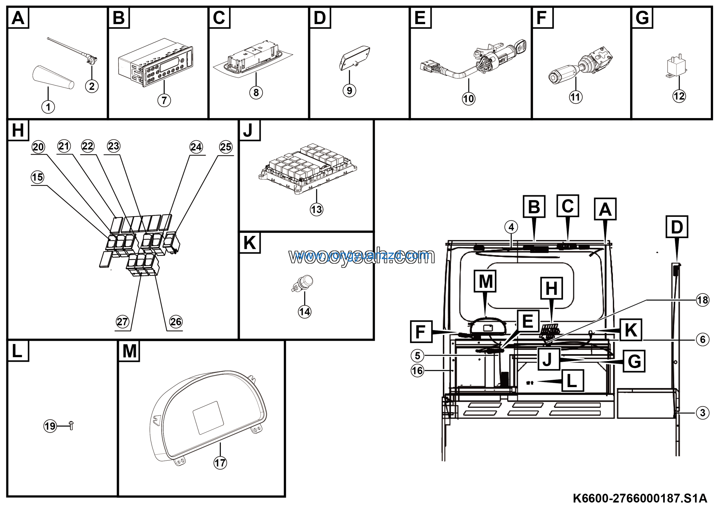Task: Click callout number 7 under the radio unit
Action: tap(164, 100)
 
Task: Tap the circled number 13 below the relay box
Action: tap(316, 209)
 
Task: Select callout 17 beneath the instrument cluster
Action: tap(220, 463)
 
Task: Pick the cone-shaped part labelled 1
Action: tap(53, 77)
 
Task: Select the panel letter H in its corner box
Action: tap(18, 130)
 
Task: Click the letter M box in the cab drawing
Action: tap(485, 281)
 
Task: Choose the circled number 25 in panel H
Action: tap(226, 147)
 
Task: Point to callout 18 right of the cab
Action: tap(703, 300)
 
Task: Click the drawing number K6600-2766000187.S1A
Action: tap(640, 498)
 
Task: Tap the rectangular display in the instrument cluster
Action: tap(208, 417)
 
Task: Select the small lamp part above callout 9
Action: tap(354, 58)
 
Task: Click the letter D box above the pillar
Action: tap(677, 227)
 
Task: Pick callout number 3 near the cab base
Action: tap(703, 413)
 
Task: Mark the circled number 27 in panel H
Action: tap(122, 322)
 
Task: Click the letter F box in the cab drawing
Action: tap(421, 331)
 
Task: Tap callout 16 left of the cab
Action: tap(417, 370)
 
